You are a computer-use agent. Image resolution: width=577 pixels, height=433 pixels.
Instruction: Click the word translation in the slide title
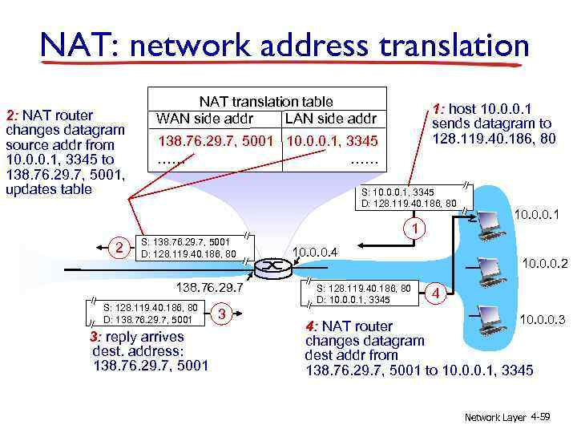pyautogui.click(x=448, y=44)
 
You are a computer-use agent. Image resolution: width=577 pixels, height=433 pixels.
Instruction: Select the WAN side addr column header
pyautogui.click(x=205, y=119)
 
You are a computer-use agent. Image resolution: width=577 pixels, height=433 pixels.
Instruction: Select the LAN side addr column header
pyautogui.click(x=330, y=119)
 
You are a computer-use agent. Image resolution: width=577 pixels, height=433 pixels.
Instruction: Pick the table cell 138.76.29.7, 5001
pyautogui.click(x=217, y=142)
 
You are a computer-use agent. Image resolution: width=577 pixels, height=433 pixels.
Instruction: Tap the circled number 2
pyautogui.click(x=119, y=247)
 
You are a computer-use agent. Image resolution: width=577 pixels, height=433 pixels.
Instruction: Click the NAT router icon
pyautogui.click(x=273, y=265)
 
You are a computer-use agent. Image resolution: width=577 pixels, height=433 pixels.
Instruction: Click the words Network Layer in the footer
pyautogui.click(x=495, y=418)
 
